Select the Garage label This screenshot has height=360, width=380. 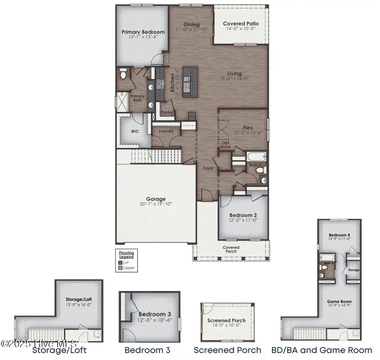[156, 199]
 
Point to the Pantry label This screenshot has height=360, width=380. [167, 113]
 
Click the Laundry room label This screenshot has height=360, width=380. [166, 131]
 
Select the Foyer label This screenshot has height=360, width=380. [208, 168]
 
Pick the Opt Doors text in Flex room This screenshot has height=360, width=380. [226, 145]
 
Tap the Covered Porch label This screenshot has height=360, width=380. [231, 249]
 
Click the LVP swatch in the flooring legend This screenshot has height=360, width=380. [120, 262]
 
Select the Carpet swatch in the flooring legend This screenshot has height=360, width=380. [120, 267]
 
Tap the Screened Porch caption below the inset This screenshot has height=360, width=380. [228, 350]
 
